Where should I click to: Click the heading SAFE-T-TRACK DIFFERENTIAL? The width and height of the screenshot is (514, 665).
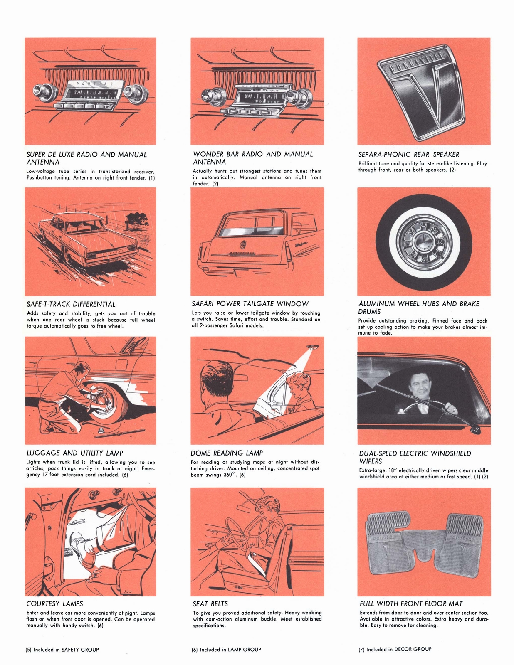(x=71, y=304)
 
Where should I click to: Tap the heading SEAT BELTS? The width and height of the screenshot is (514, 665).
(x=210, y=603)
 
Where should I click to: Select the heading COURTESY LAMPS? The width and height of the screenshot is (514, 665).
(x=54, y=603)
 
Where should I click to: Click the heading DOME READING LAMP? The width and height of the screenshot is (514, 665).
(x=227, y=453)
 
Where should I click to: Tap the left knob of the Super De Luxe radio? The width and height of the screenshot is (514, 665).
(x=40, y=90)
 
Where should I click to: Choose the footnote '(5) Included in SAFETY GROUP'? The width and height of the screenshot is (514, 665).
(x=62, y=649)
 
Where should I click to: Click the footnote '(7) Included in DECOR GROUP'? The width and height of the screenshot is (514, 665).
(x=395, y=649)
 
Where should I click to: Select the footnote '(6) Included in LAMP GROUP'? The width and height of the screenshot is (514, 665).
(x=226, y=649)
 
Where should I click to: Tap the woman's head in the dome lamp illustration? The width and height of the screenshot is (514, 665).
(x=299, y=382)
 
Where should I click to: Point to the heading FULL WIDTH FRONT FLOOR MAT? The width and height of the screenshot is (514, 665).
(x=411, y=603)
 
